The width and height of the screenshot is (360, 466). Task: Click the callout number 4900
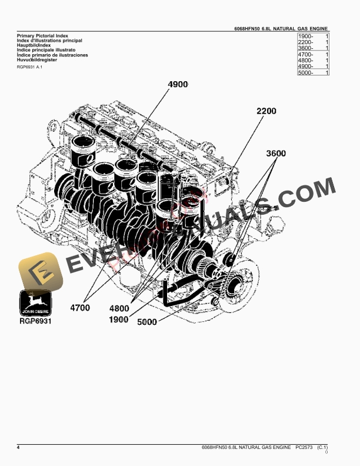(x=178, y=85)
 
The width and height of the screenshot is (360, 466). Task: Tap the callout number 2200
(x=266, y=111)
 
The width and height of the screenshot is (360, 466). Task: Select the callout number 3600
(x=275, y=154)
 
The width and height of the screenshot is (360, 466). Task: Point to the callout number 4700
(x=80, y=307)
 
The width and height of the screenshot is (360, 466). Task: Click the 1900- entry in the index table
(x=306, y=37)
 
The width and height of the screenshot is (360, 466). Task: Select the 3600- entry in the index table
(x=306, y=49)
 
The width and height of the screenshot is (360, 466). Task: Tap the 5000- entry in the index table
(x=306, y=72)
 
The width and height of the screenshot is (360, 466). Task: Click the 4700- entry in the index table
(x=306, y=55)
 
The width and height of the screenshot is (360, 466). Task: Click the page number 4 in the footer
(x=18, y=448)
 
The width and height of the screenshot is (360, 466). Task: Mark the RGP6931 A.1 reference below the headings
(x=30, y=67)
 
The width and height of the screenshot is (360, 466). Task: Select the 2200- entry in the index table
(x=306, y=43)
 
